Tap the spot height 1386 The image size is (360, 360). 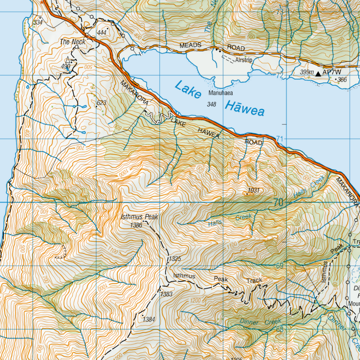[x=136, y=225]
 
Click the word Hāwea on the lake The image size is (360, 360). [x=245, y=108]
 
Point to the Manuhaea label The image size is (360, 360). [x=221, y=93]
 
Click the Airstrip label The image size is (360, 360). [x=244, y=60]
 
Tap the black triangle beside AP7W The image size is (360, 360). [x=318, y=73]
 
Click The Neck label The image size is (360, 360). [x=73, y=42]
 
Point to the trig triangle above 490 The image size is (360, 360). [x=68, y=59]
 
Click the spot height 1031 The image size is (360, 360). [x=253, y=190]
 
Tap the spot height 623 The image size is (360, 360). [x=102, y=103]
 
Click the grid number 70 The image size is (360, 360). [x=278, y=203]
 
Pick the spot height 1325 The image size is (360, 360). [x=174, y=258]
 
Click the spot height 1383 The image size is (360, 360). [x=166, y=294]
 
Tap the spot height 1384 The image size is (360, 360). [x=149, y=319]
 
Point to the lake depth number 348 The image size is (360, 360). [x=212, y=104]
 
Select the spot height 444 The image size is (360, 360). [x=102, y=33]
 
